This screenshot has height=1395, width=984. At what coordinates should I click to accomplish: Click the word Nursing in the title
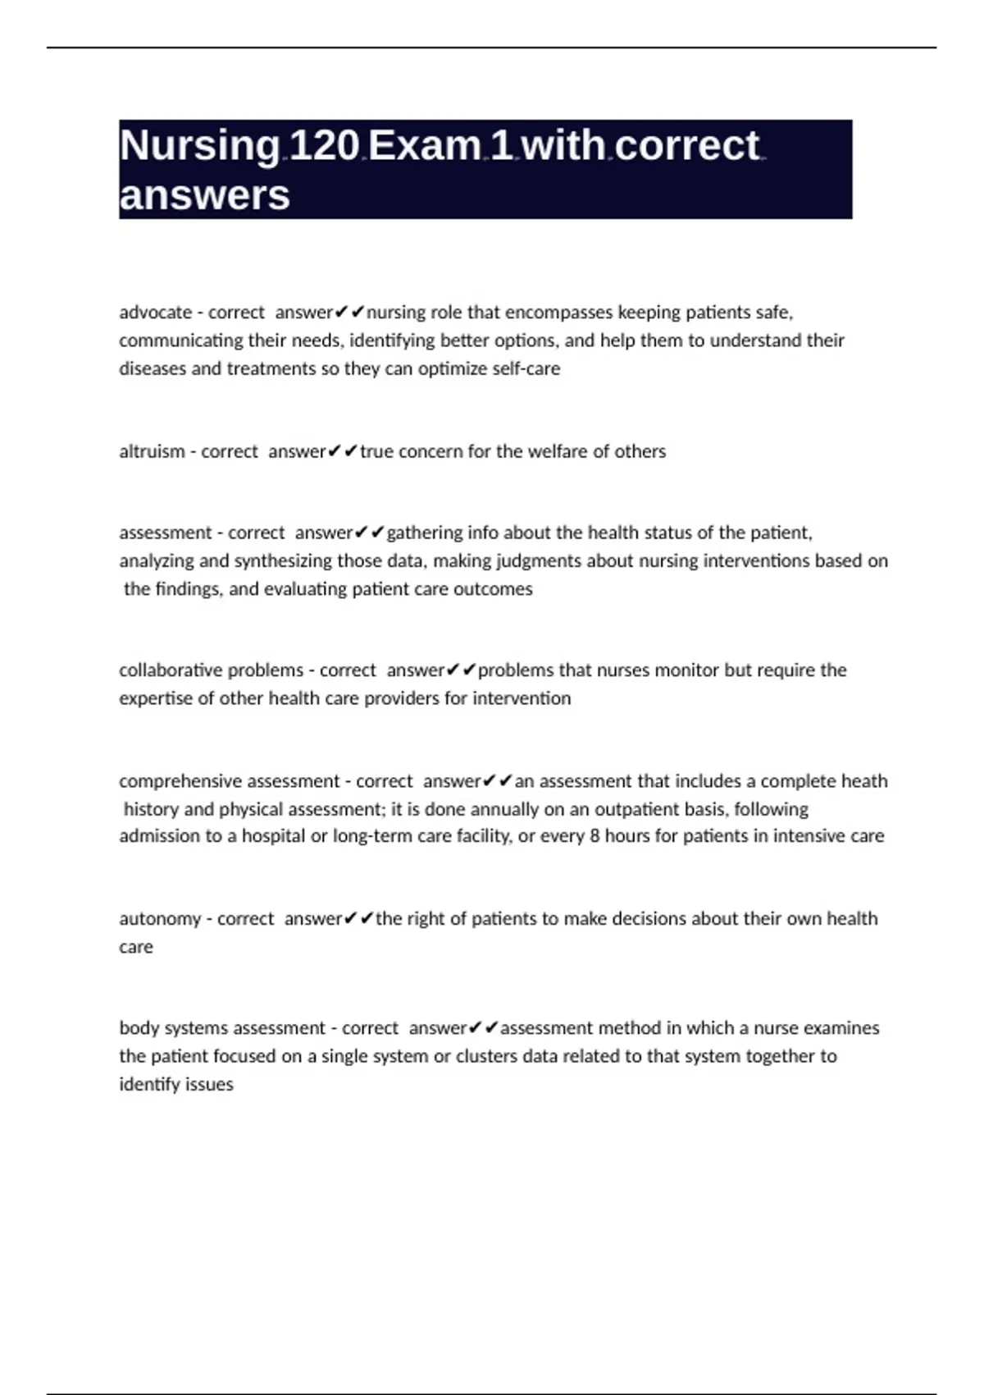(200, 146)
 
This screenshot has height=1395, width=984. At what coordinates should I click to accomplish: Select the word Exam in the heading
(425, 146)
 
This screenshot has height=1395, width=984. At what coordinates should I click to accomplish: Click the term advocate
(155, 313)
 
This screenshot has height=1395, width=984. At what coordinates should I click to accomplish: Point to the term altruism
(152, 451)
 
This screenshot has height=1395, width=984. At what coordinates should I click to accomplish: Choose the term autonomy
(160, 919)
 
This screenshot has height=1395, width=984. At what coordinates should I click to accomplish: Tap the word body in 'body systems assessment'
(137, 1028)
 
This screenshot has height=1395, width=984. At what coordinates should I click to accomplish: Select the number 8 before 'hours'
(594, 836)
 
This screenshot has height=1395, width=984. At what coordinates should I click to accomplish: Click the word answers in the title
(205, 195)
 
